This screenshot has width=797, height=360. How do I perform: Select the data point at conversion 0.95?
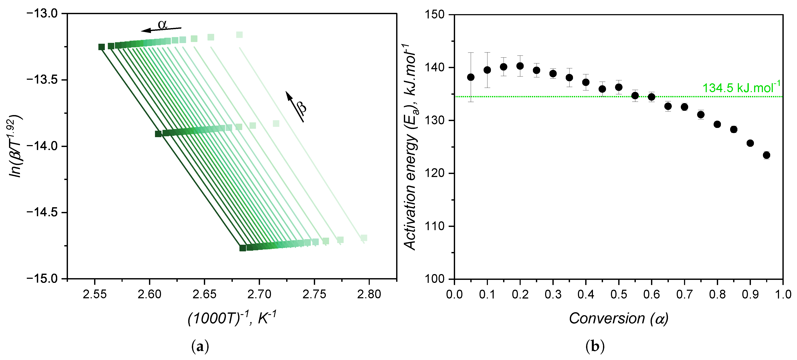pos(766,155)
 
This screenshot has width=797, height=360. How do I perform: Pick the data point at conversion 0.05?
pos(471,77)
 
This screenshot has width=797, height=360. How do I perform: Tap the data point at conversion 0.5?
pos(618,87)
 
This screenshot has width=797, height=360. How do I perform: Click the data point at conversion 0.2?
pos(520,66)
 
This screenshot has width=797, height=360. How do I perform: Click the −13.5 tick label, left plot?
pos(46,80)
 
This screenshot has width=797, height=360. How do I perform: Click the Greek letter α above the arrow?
pos(163,24)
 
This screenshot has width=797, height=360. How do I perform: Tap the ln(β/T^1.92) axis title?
pos(15,146)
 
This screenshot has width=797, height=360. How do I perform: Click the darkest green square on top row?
pos(101,47)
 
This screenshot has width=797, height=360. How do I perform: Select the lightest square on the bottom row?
pos(364,237)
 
